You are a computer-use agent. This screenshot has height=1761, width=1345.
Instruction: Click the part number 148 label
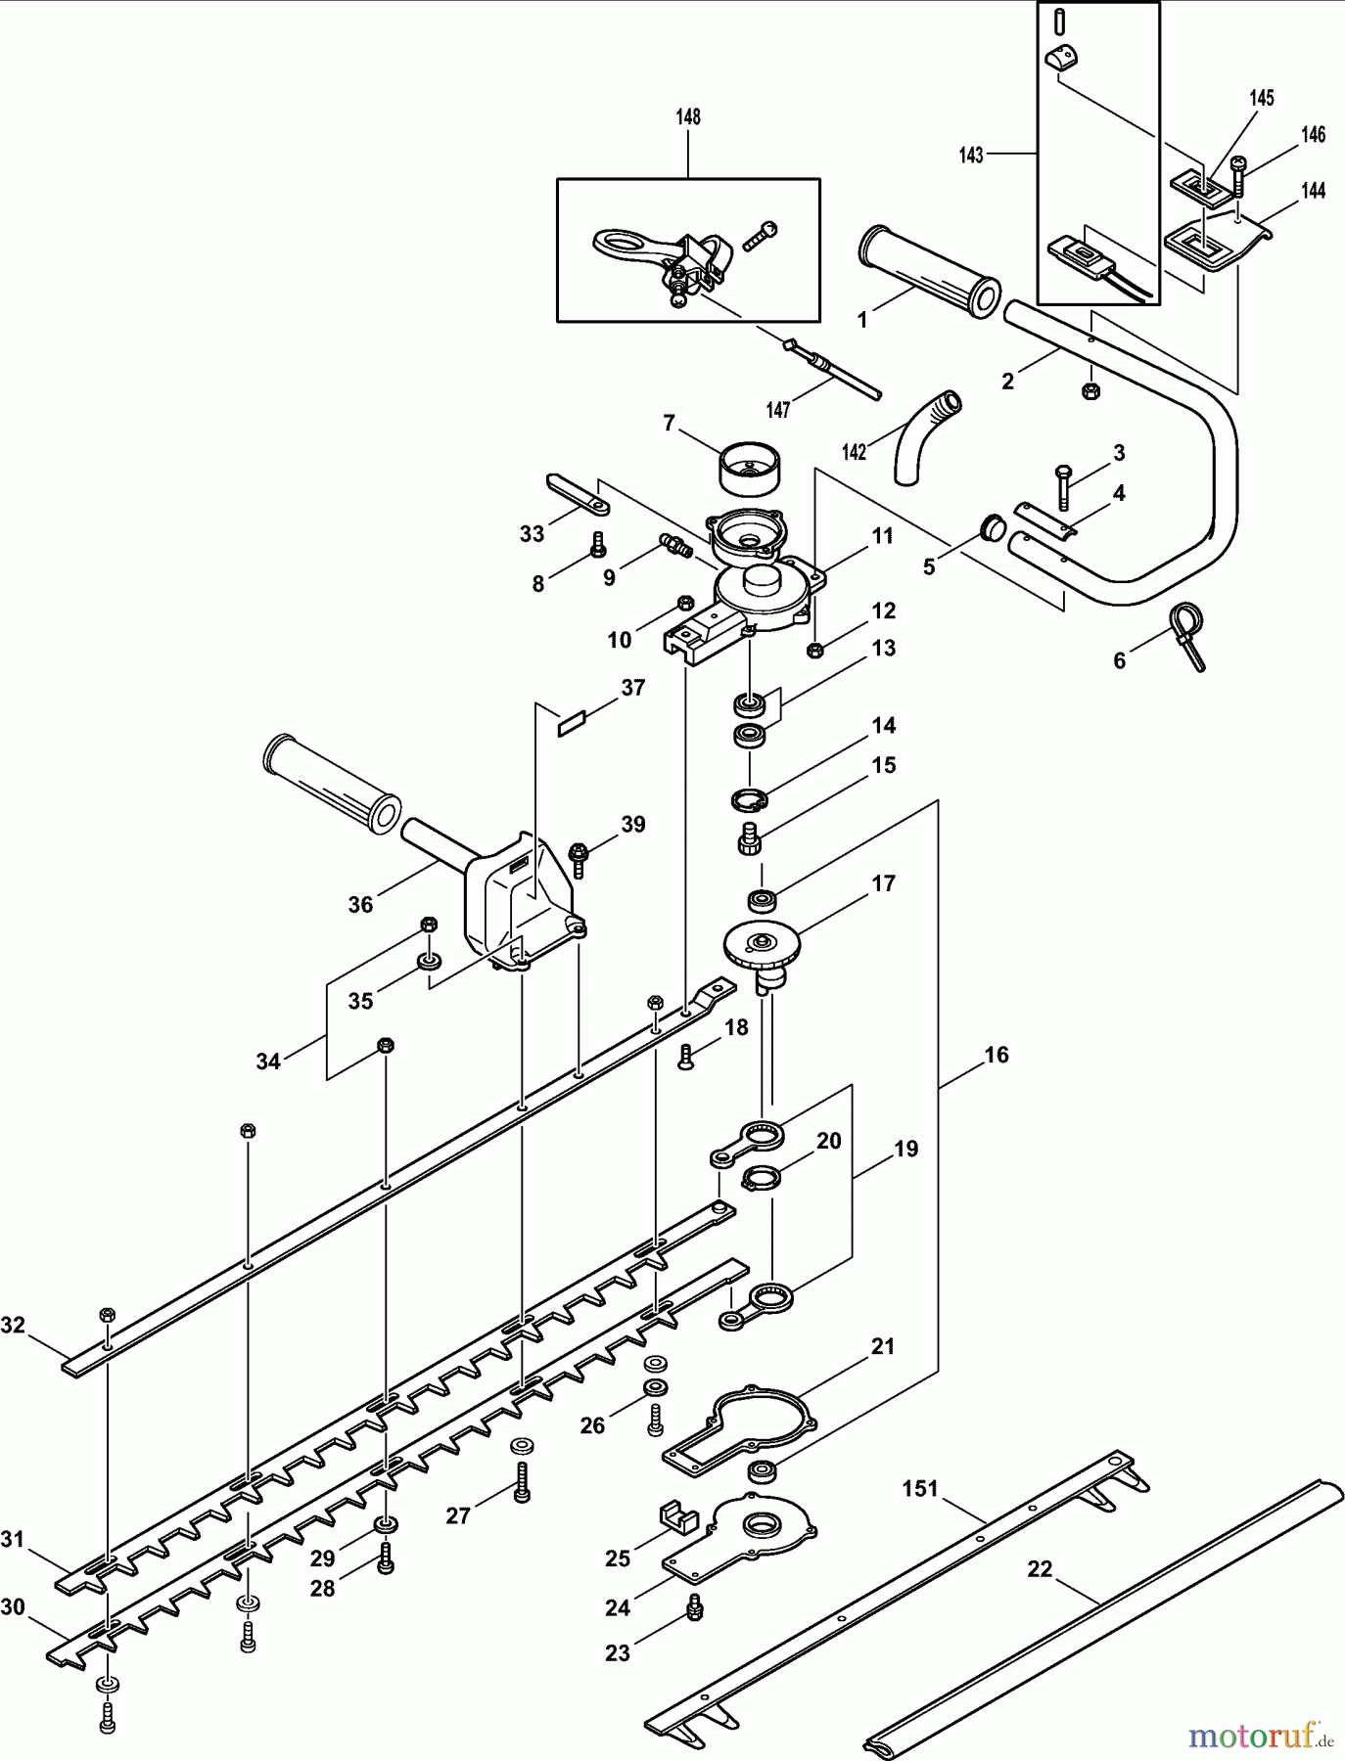pos(687,117)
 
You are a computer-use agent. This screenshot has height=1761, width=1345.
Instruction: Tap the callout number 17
pos(883,883)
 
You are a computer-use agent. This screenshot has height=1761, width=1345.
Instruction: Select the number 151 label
pos(919,1488)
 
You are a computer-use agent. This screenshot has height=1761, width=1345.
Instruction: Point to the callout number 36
pos(360,905)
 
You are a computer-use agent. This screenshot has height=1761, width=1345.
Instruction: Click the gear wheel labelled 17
pos(763,948)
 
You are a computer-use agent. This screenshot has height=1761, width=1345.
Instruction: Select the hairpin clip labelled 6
pos(1186,634)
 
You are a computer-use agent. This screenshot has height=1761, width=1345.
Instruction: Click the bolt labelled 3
pos(1064,486)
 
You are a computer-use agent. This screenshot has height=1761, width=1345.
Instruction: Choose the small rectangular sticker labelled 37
pos(570,723)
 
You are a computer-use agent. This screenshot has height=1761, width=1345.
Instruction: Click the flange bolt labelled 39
pos(578,859)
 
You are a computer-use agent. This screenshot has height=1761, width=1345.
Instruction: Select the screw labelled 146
pos(1238,176)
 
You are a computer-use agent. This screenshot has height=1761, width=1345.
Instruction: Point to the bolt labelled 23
pos(696,1605)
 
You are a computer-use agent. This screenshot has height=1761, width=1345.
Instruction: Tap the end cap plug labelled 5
pos(993,527)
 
